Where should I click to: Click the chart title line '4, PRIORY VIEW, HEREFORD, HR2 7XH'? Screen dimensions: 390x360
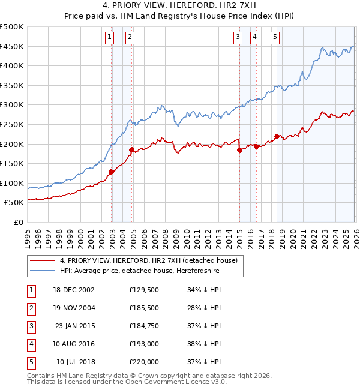(180, 6)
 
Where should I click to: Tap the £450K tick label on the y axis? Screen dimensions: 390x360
(12, 47)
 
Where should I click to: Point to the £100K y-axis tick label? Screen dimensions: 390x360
(12, 183)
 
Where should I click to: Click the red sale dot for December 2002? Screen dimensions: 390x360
(112, 172)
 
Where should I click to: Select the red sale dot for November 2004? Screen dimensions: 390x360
(131, 149)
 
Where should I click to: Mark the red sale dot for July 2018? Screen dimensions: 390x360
(277, 136)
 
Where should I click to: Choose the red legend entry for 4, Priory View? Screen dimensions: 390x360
(149, 260)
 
